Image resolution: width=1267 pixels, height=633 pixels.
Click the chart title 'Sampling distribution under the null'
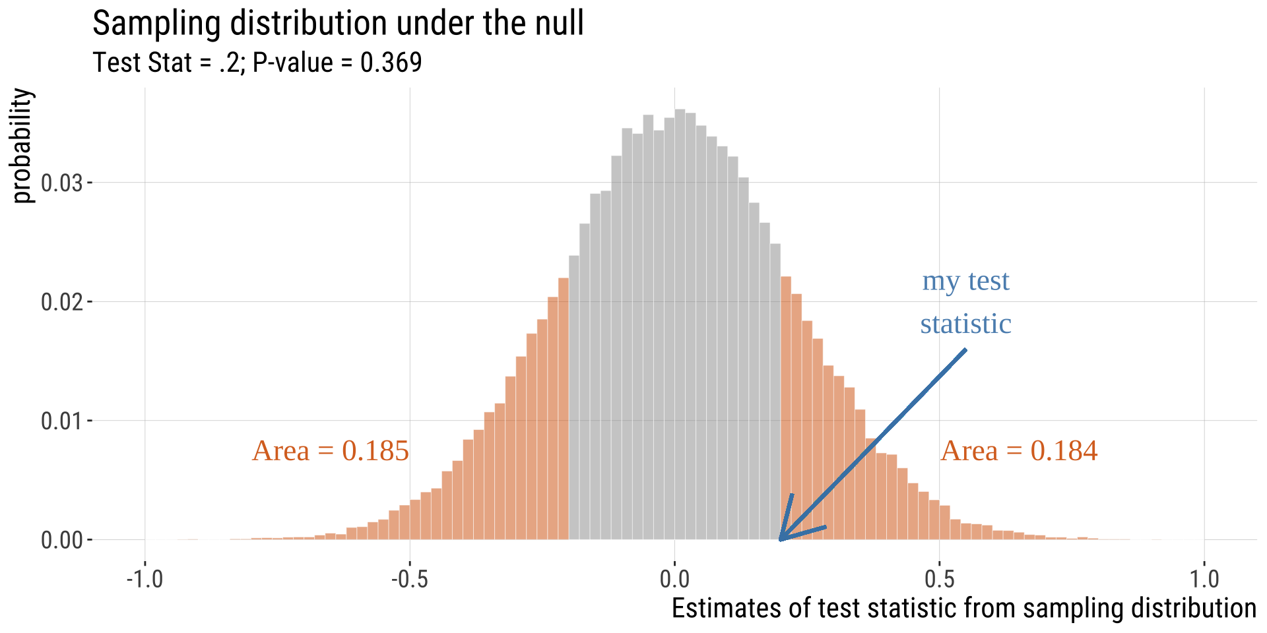(x=338, y=24)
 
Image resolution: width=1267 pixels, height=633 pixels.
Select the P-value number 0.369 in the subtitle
(x=391, y=63)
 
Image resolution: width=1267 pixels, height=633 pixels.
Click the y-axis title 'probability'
(x=22, y=146)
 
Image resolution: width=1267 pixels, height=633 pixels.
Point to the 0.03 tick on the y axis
(x=62, y=183)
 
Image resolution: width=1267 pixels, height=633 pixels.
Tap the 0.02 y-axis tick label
(x=62, y=302)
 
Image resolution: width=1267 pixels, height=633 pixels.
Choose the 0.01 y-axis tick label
(x=62, y=421)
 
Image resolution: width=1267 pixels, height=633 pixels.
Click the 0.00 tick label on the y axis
(x=62, y=540)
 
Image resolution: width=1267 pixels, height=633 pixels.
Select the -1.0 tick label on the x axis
(x=145, y=579)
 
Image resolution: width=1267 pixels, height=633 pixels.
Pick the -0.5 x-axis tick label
(x=409, y=579)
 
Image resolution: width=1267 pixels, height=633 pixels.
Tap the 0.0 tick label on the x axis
(x=674, y=579)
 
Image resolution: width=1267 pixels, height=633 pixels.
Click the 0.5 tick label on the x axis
(x=940, y=579)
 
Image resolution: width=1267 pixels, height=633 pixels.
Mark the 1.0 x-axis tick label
(x=1204, y=579)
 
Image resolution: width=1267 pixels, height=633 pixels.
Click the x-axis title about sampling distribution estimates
(x=963, y=608)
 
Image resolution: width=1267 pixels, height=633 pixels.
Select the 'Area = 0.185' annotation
(x=331, y=451)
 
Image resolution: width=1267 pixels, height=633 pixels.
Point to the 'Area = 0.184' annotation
(x=1019, y=451)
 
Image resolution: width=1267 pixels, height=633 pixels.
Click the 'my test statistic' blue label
(x=965, y=302)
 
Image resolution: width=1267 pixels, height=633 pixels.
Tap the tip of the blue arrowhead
(x=780, y=540)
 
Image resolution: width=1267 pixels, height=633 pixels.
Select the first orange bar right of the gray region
(x=786, y=409)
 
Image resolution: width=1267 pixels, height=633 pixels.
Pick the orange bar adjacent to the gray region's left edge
(x=564, y=409)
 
